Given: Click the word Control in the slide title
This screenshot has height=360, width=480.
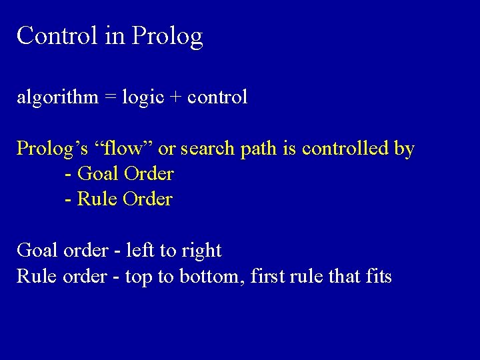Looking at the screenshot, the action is (55, 35).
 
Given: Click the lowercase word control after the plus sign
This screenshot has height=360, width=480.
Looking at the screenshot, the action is (218, 97).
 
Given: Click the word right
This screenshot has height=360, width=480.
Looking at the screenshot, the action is (199, 251).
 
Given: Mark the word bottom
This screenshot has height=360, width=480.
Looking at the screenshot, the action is (212, 275).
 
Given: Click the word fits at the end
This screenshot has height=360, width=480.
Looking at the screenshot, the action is (377, 275).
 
